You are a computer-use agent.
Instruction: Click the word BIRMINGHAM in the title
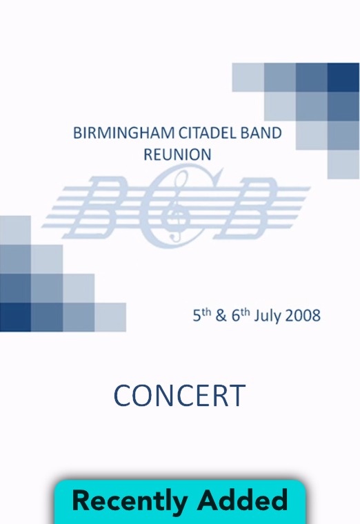[123, 133]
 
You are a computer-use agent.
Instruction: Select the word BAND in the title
[261, 133]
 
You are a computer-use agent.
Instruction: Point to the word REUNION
[177, 154]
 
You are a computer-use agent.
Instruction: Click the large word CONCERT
[180, 396]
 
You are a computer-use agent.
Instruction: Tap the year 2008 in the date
[303, 316]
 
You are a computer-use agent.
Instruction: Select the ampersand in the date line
[221, 316]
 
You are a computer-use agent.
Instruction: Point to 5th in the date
[202, 315]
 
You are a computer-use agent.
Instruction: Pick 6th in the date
[241, 315]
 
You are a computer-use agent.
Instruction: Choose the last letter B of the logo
[246, 208]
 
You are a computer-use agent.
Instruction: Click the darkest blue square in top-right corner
[343, 77]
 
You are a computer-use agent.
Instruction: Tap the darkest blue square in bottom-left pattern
[15, 317]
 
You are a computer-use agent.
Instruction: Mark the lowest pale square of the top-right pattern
[343, 164]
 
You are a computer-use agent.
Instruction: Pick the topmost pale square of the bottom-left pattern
[15, 230]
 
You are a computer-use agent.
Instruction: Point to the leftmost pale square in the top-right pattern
[248, 77]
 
